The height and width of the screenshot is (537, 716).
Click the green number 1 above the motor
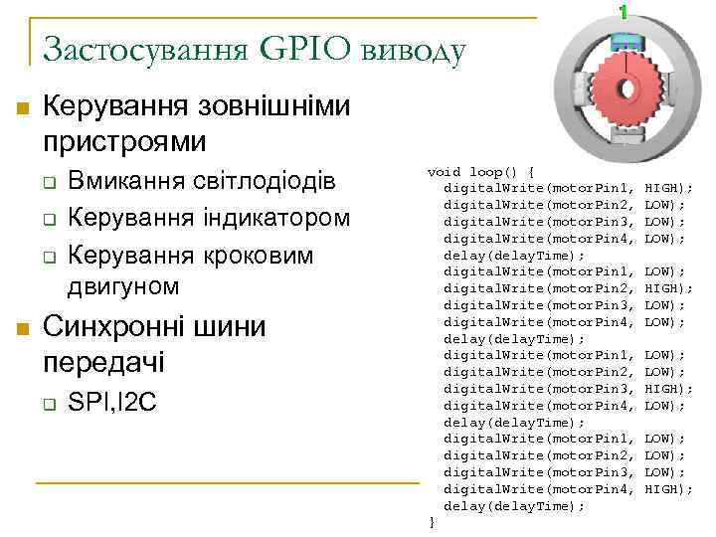click(624, 13)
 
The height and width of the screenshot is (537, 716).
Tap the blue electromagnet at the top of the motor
click(624, 42)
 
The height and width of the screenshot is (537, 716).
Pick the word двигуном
click(124, 286)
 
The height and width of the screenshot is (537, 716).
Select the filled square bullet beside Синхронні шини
click(23, 328)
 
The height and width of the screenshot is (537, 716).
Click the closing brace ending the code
click(432, 522)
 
